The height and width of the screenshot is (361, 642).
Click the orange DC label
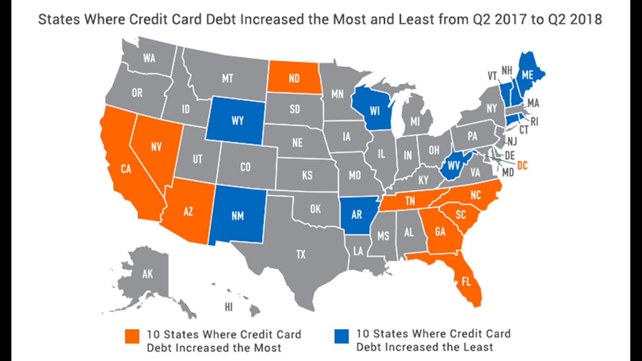tap(522, 165)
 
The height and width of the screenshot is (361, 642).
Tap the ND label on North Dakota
tap(294, 79)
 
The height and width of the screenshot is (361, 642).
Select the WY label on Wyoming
tap(237, 121)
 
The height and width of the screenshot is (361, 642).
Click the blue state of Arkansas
tap(357, 215)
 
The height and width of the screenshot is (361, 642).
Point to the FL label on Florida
tap(466, 282)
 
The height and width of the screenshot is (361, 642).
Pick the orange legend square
tap(132, 336)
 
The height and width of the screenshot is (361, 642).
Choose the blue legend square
tap(341, 336)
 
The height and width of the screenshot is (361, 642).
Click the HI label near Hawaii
tap(229, 307)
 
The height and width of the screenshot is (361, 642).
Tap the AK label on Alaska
tap(147, 274)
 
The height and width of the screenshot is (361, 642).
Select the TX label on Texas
tap(301, 255)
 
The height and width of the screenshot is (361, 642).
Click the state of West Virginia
tap(454, 165)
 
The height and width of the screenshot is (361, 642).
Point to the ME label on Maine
tap(527, 75)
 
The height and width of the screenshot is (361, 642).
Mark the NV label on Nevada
tap(156, 147)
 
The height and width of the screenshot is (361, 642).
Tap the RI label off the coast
tap(534, 122)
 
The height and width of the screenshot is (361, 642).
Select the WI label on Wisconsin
tap(375, 111)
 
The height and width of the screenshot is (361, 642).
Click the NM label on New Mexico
tap(238, 216)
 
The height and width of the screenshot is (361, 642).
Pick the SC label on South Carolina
tap(461, 215)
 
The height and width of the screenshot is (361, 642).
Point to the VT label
tap(492, 76)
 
